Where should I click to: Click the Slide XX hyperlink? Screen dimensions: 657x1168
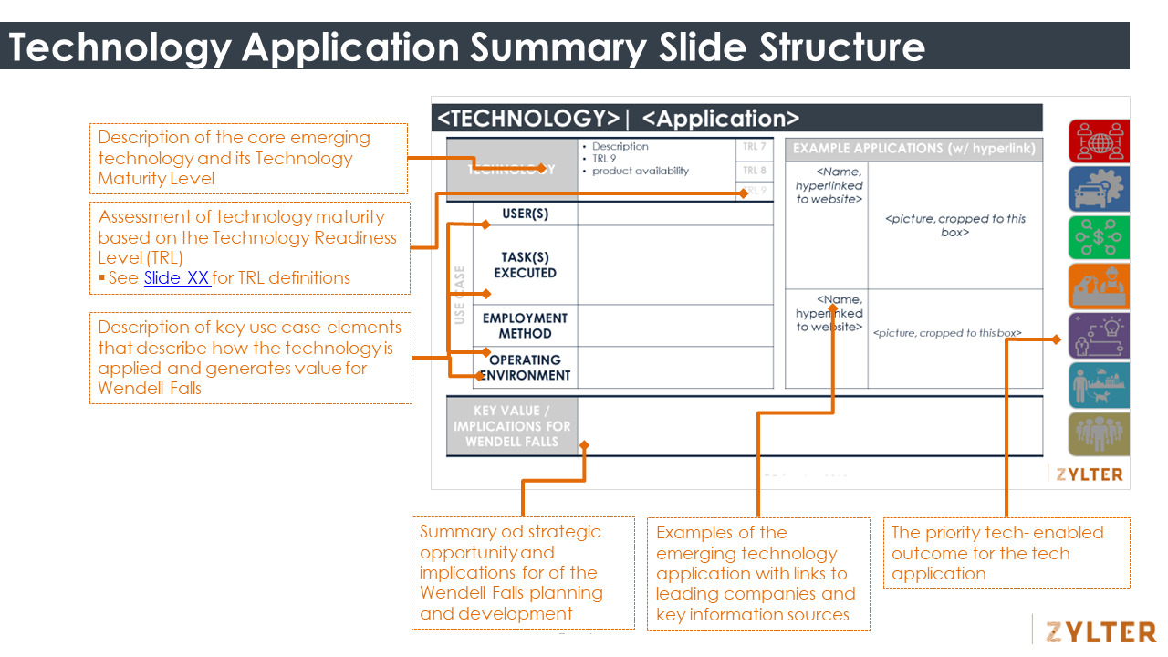[x=177, y=278]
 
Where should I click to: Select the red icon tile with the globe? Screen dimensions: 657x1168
[x=1099, y=141]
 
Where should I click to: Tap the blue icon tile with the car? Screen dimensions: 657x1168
[x=1099, y=189]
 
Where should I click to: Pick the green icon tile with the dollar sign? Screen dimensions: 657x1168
[x=1099, y=238]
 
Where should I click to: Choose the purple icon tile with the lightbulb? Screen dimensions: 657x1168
[x=1099, y=336]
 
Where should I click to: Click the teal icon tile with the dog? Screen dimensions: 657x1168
[x=1099, y=385]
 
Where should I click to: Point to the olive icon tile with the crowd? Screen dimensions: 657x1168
[x=1099, y=434]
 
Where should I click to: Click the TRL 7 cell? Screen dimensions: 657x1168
[x=754, y=147]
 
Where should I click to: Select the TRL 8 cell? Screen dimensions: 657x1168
[x=754, y=171]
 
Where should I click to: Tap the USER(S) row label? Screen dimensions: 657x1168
[x=526, y=214]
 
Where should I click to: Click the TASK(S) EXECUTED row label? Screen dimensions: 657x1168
[x=526, y=265]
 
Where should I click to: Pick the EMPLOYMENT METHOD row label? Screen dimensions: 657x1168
[x=526, y=326]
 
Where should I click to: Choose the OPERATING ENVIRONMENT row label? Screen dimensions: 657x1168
[x=526, y=367]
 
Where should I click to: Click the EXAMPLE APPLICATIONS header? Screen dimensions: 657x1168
[x=913, y=149]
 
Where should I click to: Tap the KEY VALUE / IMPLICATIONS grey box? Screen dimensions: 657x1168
[x=512, y=426]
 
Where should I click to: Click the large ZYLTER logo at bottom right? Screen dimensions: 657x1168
[x=1100, y=631]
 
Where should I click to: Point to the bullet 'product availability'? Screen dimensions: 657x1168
[x=640, y=171]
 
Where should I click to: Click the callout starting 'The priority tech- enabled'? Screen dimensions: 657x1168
[x=1006, y=553]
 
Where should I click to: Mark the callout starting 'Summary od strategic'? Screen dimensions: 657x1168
[x=523, y=572]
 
